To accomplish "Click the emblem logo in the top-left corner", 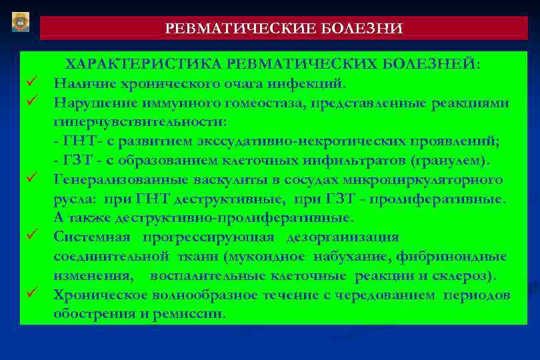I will coord(21,21).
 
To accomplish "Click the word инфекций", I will coord(311,83).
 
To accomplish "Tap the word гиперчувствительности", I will coord(139,122).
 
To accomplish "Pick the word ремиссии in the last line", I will coord(191,313).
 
